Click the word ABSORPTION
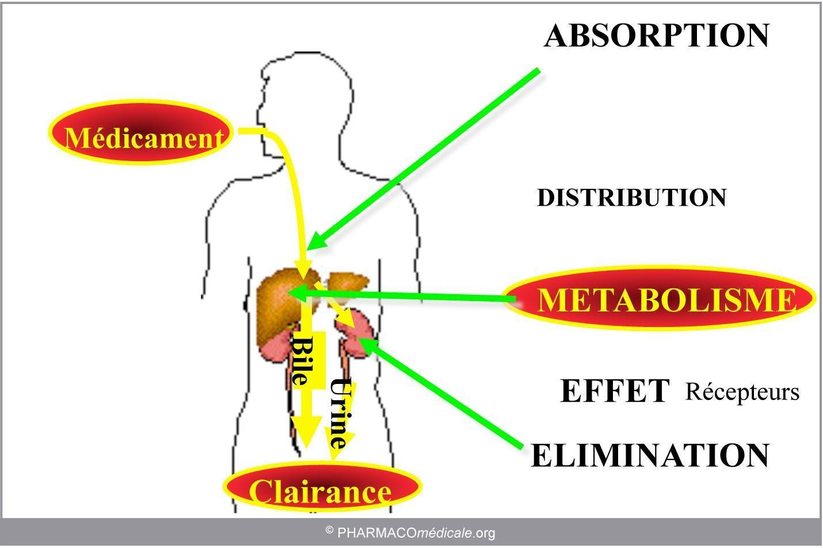coord(656,35)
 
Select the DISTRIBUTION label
coord(631,198)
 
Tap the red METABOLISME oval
coord(660,298)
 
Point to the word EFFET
coord(615,391)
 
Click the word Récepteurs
coord(742,392)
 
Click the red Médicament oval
coord(141,132)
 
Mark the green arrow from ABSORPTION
coord(422,159)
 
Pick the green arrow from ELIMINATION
coord(440,393)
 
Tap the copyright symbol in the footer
coord(330,530)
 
